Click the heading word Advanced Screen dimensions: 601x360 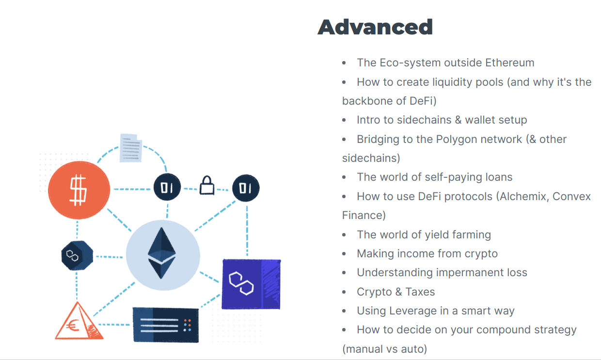pos(375,27)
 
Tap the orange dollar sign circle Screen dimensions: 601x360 pos(79,190)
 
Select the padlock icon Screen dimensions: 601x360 pos(207,185)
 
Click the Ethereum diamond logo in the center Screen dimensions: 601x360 pos(162,253)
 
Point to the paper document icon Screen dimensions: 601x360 pos(131,148)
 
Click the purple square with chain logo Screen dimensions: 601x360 pos(251,284)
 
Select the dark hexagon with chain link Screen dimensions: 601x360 pos(77,255)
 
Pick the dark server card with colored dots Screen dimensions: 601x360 pos(166,325)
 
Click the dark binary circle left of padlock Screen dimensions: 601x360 pos(167,187)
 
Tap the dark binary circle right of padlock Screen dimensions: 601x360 pos(246,188)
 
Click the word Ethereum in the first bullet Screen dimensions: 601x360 pos(509,63)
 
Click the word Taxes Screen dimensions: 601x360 pos(420,292)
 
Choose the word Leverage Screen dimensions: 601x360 pos(413,311)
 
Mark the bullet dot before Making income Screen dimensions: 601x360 pos(344,253)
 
